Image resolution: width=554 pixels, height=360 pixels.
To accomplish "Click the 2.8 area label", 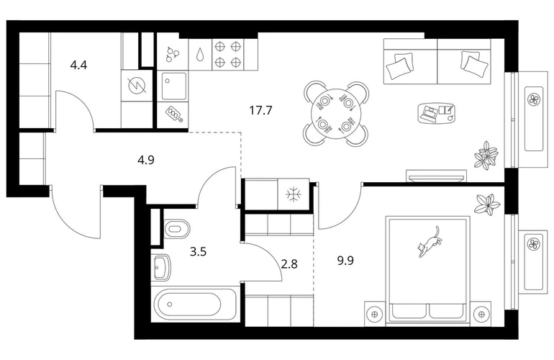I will pos(289,263).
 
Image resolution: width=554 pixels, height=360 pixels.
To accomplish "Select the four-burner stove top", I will pos(228,54).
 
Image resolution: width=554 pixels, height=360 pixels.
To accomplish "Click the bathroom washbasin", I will pos(163,269).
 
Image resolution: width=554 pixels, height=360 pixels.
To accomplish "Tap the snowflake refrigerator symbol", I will pos(293,194).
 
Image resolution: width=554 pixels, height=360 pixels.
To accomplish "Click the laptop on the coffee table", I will pos(431,112).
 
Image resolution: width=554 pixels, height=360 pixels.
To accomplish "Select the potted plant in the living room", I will pos(486,155).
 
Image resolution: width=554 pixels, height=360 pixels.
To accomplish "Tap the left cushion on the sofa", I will pos(398,67).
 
